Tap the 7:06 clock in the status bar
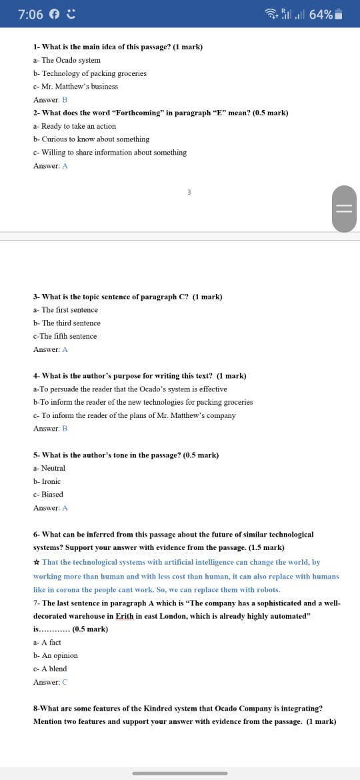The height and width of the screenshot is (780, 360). [31, 14]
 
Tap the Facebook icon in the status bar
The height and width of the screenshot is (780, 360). [55, 14]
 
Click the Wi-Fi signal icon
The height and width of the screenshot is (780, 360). [271, 13]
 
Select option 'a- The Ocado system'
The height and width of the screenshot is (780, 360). [67, 60]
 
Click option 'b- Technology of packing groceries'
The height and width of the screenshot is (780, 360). [89, 73]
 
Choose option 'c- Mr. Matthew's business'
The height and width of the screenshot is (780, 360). [75, 87]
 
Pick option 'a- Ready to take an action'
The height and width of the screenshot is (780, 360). [74, 126]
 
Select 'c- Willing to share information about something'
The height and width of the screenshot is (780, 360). [109, 153]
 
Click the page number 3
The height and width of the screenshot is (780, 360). [189, 192]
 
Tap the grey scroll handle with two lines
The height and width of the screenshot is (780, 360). [344, 207]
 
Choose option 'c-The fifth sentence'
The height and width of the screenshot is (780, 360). [65, 336]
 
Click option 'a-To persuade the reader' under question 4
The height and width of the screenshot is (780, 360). [130, 389]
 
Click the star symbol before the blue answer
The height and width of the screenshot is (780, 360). [36, 563]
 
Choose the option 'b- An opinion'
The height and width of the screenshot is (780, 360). [55, 655]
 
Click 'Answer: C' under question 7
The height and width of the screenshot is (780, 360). [50, 682]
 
